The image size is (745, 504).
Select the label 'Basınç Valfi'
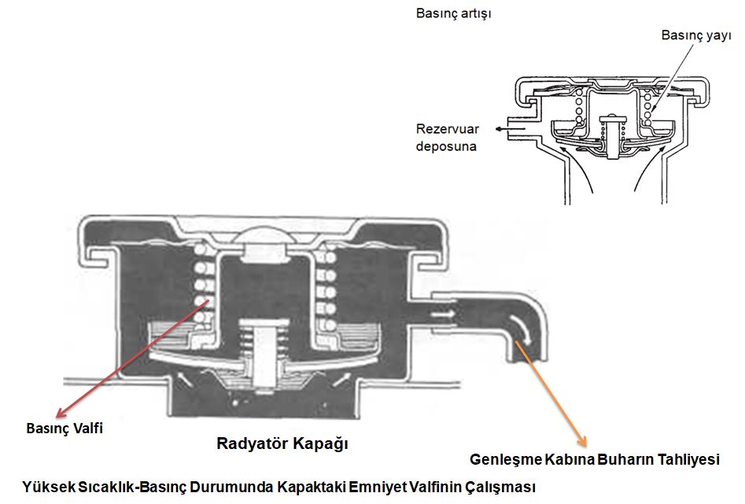[65, 429]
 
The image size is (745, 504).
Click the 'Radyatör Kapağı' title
[282, 443]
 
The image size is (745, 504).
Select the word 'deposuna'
[446, 146]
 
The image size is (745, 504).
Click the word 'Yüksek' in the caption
[49, 486]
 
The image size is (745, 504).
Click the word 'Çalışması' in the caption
[507, 486]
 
